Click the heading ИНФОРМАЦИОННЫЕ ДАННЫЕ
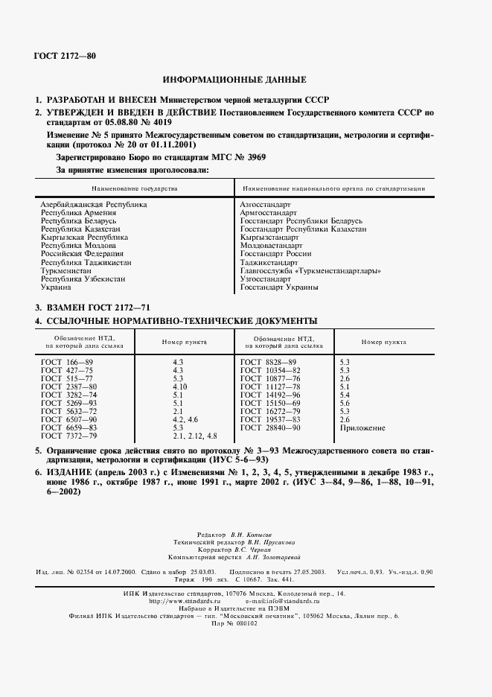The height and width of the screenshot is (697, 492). click(x=234, y=80)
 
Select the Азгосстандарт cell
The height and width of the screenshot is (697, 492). click(x=265, y=203)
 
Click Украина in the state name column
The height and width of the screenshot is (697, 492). click(x=57, y=287)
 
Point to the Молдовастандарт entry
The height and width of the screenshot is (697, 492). click(x=271, y=245)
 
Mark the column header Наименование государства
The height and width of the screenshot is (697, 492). click(x=135, y=189)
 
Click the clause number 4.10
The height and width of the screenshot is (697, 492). click(x=179, y=387)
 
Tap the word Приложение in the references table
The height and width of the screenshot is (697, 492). click(x=362, y=428)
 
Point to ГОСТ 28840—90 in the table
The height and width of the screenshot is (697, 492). click(x=269, y=428)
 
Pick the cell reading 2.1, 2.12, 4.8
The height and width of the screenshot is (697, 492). click(x=194, y=435)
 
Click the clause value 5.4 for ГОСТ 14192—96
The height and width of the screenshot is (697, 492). click(x=345, y=394)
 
